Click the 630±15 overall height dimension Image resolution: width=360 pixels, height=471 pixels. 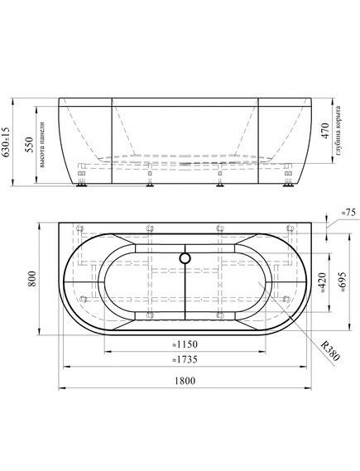(x=6, y=142)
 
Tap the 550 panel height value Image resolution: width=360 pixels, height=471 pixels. (x=30, y=145)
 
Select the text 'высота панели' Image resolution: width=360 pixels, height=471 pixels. (x=42, y=145)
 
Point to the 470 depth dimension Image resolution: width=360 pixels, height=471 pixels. (x=325, y=131)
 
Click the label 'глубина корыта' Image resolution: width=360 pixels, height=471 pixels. (x=338, y=131)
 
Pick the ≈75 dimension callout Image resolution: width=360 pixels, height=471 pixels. (x=348, y=213)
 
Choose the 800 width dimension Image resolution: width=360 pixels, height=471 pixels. (x=32, y=278)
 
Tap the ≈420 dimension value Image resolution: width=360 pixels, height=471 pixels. (x=321, y=282)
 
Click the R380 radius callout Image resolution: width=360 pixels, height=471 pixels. (x=330, y=351)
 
